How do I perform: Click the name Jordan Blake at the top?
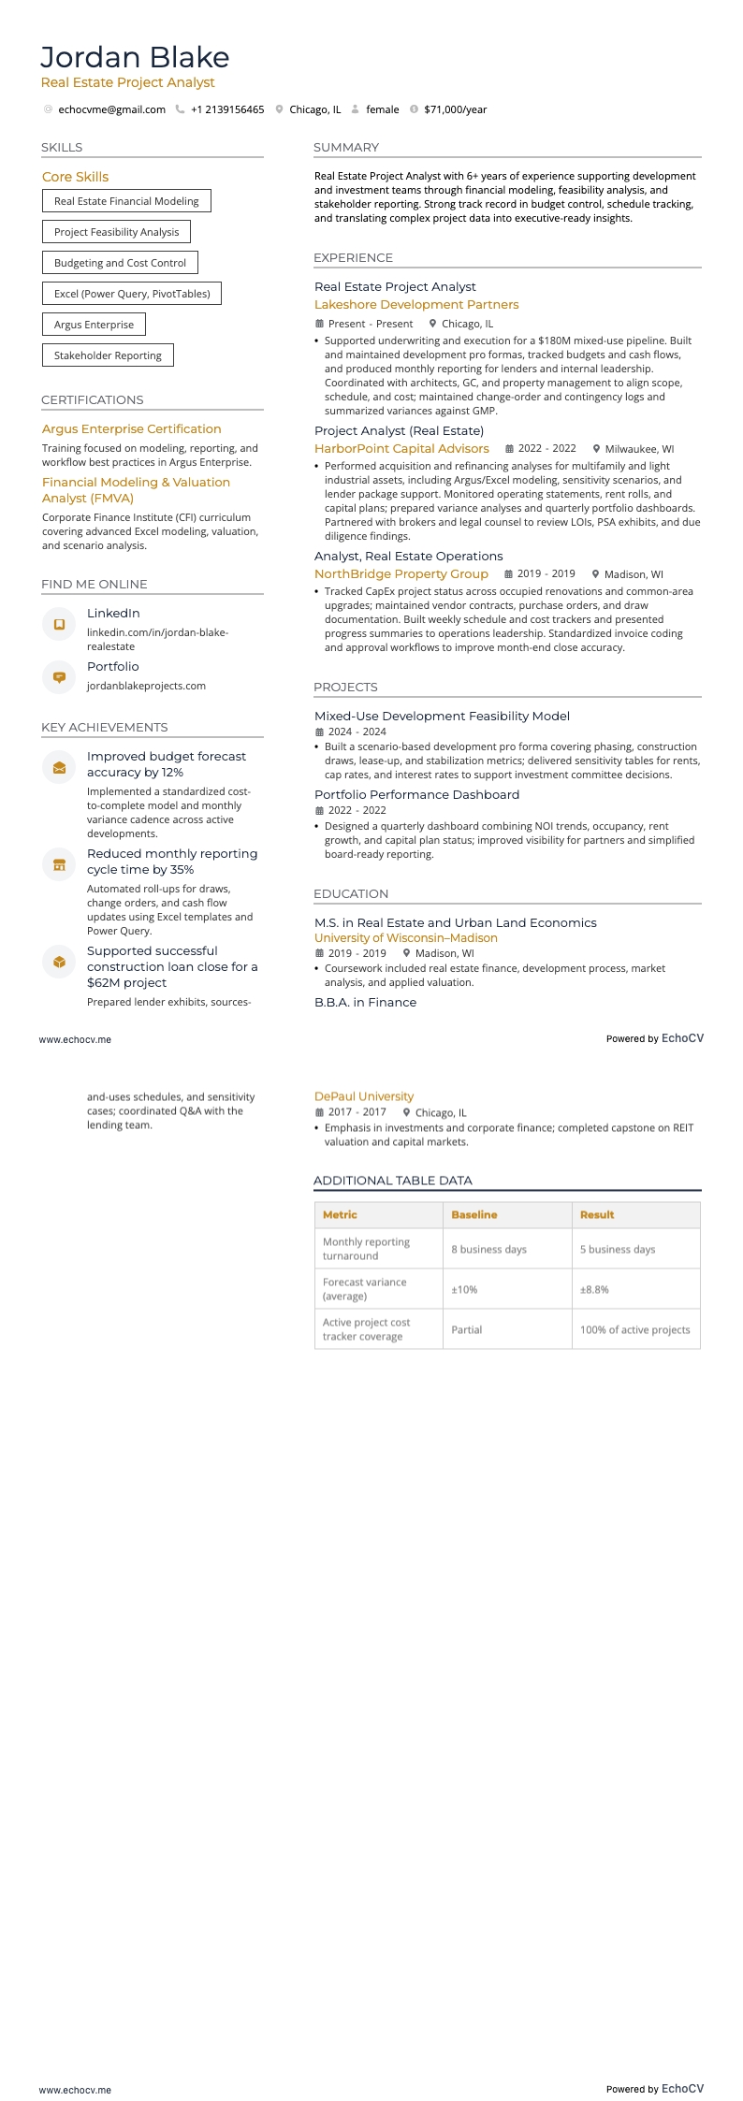(x=135, y=58)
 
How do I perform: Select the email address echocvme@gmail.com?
(x=111, y=109)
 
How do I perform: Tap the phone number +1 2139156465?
(x=227, y=109)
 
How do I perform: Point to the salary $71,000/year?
(x=455, y=109)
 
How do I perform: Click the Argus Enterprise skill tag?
(x=94, y=325)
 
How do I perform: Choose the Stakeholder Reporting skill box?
(x=108, y=355)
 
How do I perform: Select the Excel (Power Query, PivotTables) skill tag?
(x=132, y=294)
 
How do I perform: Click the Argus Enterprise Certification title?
(x=131, y=429)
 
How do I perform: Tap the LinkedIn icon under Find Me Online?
(x=59, y=624)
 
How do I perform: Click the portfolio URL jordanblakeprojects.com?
(x=146, y=686)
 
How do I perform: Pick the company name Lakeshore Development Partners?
(x=416, y=305)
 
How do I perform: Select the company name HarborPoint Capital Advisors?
(x=401, y=449)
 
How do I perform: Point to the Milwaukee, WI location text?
(x=639, y=449)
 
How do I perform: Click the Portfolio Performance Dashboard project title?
(x=416, y=795)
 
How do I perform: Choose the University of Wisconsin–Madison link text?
(x=405, y=938)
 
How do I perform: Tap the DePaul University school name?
(x=364, y=1096)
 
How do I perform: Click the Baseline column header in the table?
(x=473, y=1215)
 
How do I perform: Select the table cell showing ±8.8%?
(x=594, y=1290)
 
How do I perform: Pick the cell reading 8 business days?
(x=488, y=1250)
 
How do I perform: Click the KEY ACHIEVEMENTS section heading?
(x=105, y=728)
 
